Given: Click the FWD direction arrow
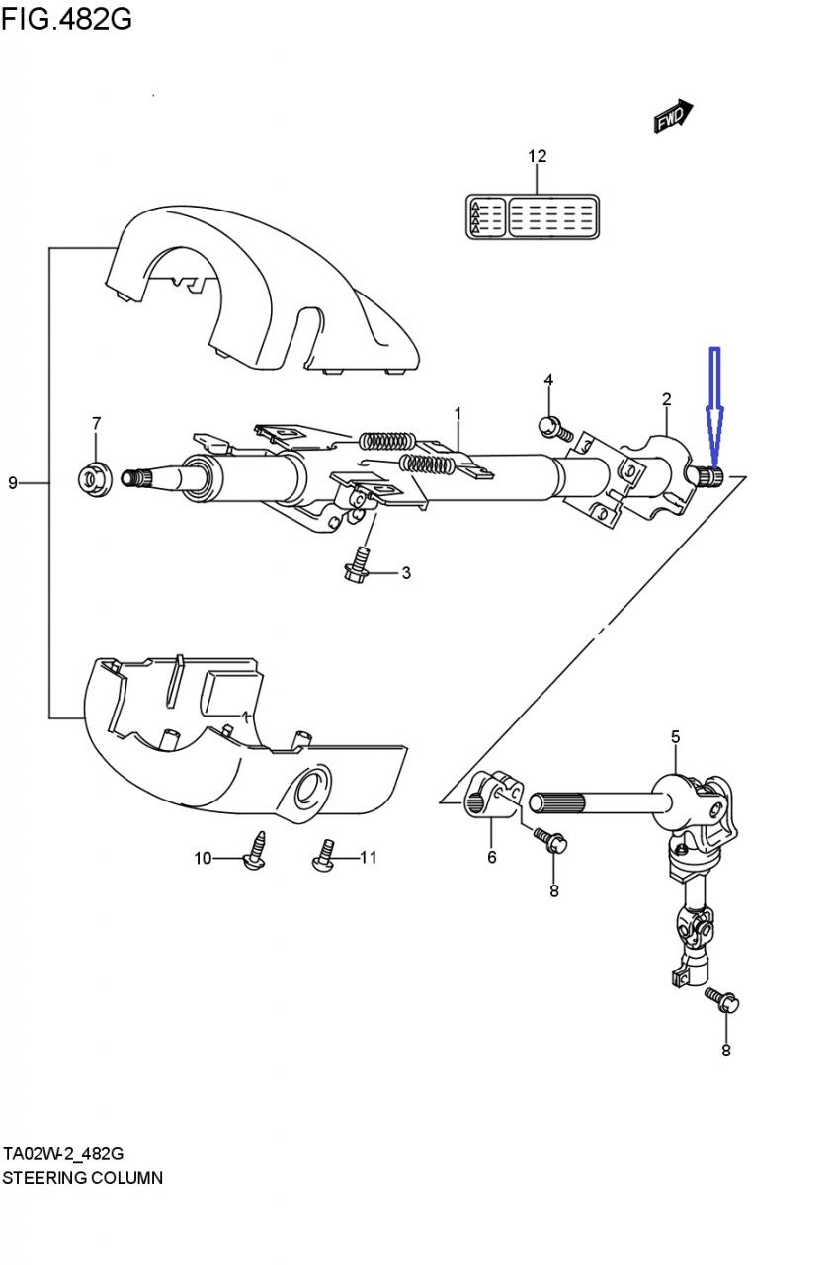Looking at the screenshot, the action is (673, 117).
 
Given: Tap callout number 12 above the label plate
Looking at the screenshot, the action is (537, 156).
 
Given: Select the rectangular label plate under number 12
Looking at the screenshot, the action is (533, 216).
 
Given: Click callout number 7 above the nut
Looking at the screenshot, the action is (96, 423).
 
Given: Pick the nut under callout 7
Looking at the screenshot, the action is (95, 479).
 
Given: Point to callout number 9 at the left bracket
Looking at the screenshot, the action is (13, 483).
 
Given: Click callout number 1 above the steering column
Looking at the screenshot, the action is (458, 414).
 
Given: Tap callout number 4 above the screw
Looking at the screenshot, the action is (548, 380).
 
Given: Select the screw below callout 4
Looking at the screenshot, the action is (556, 429).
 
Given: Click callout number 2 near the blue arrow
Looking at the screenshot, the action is (666, 400).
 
